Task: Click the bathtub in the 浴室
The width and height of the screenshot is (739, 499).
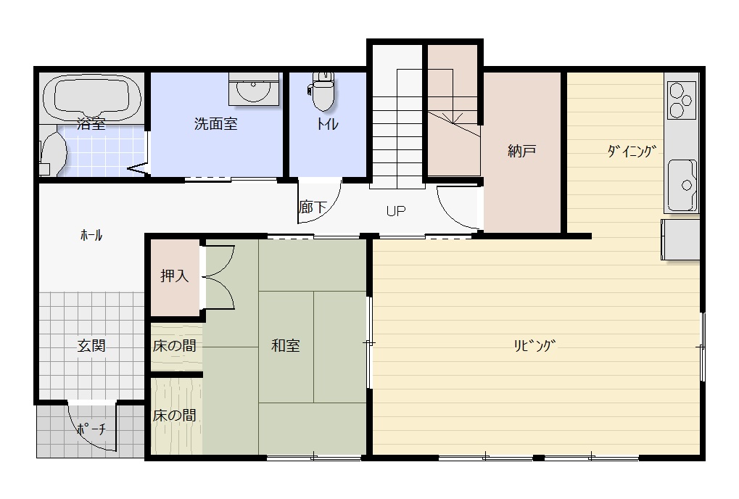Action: (x=91, y=98)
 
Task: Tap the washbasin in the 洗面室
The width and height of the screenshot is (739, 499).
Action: (x=254, y=88)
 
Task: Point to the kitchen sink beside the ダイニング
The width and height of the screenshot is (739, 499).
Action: (x=682, y=185)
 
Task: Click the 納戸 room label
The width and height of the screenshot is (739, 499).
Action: (x=521, y=151)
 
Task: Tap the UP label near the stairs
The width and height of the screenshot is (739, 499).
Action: (x=396, y=210)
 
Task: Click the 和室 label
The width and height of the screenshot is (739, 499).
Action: (x=286, y=345)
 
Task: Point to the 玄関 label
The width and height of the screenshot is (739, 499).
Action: (x=91, y=345)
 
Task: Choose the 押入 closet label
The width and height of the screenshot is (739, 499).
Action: (x=174, y=275)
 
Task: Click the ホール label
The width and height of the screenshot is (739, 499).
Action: (x=91, y=235)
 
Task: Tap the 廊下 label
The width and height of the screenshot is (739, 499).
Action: (x=313, y=207)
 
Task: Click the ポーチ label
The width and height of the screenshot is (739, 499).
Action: (x=91, y=429)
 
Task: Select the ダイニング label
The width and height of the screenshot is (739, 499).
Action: (x=632, y=151)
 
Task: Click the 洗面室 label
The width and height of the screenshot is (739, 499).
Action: (x=216, y=123)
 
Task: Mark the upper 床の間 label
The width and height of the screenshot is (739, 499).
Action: (x=174, y=345)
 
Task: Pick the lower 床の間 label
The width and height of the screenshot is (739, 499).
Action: (x=174, y=415)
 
